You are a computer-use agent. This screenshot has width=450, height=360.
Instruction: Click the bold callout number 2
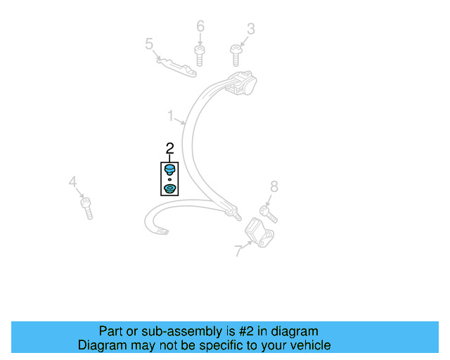click(169, 148)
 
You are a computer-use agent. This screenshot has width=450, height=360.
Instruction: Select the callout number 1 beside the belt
click(170, 114)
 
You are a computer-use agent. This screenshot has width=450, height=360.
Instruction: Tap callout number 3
click(250, 29)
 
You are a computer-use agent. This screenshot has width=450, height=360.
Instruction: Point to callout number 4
click(72, 183)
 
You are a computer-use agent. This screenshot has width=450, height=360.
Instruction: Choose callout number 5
click(149, 44)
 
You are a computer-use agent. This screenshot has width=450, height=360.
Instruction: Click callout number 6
click(200, 27)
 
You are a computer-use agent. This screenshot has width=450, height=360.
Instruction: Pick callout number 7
click(238, 250)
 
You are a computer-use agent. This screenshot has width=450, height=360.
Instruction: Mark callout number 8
click(274, 186)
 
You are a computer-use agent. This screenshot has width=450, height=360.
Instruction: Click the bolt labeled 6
click(199, 53)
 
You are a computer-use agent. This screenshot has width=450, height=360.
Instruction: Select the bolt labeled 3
click(235, 53)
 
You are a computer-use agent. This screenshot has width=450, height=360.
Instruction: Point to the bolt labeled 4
click(86, 208)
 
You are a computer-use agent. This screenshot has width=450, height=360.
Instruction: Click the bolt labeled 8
click(269, 212)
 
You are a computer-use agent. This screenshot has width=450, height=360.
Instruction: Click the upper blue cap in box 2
click(169, 170)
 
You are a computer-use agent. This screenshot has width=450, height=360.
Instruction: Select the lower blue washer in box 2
click(169, 188)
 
